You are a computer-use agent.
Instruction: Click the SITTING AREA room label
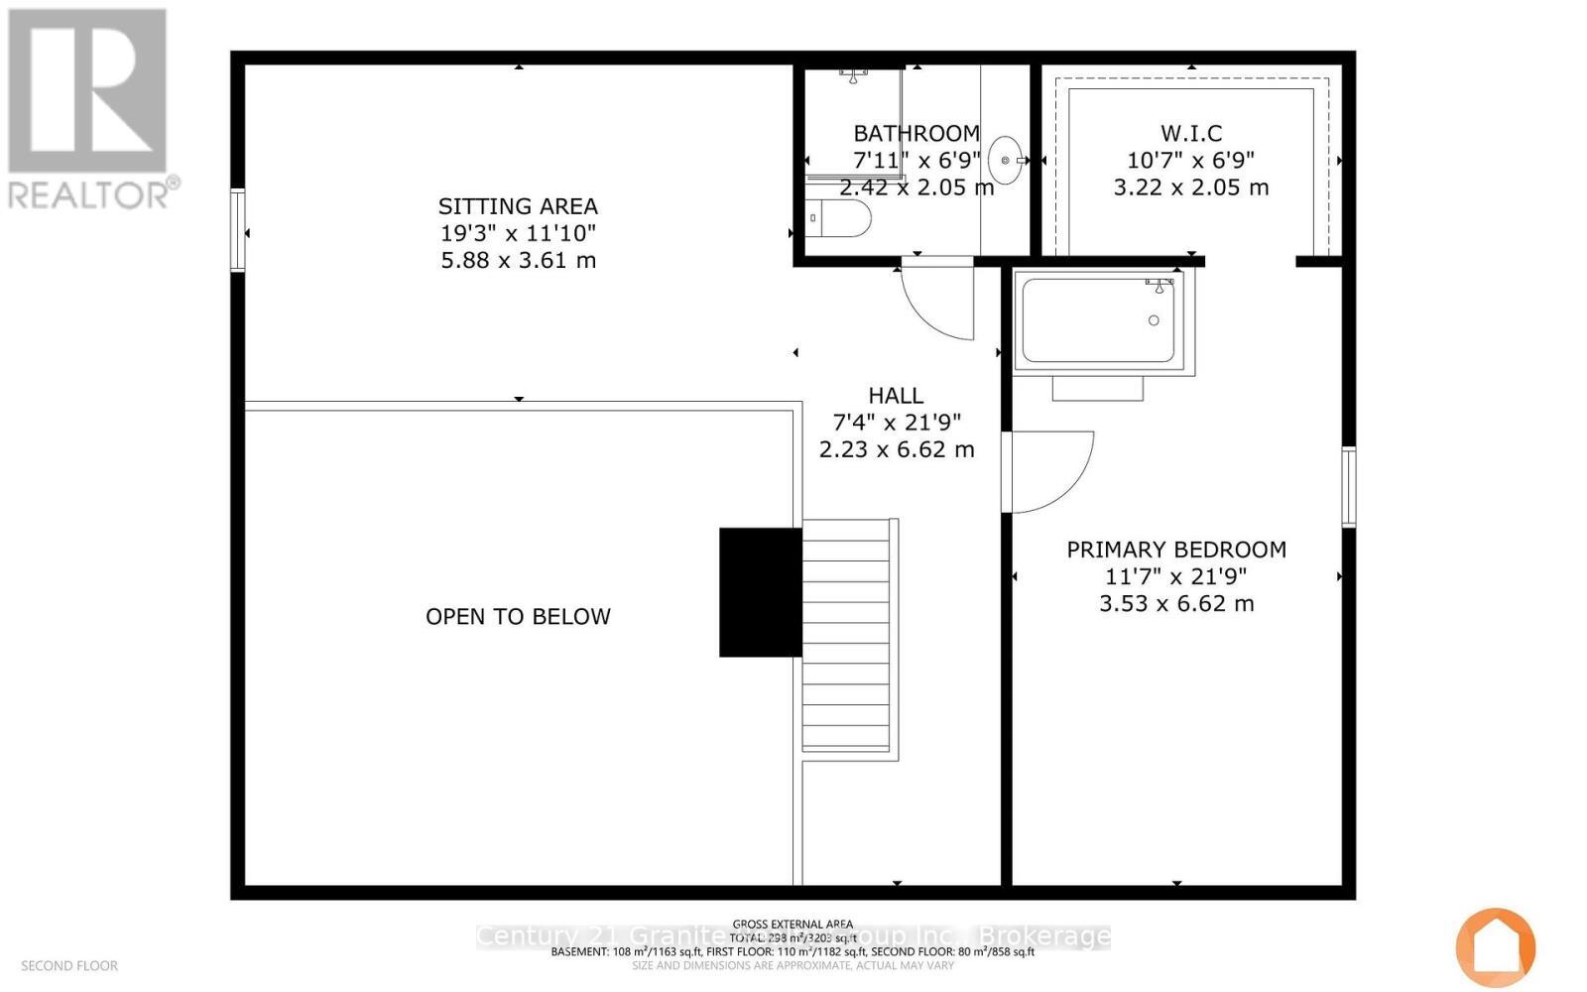point(518,206)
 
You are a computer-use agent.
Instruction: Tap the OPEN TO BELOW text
point(518,616)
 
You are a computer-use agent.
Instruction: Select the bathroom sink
point(1006,161)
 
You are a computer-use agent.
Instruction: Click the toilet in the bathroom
point(841,218)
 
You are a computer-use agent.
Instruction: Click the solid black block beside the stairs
point(760,592)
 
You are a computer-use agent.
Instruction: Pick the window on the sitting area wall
point(238,229)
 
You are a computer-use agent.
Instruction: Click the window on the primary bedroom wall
point(1348,486)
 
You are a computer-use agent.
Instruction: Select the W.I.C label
point(1190,133)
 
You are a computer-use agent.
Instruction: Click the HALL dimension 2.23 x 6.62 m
point(896,449)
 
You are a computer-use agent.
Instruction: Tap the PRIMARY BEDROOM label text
point(1176,550)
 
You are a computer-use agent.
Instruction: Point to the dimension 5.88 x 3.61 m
point(518,260)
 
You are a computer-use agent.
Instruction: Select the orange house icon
point(1496,947)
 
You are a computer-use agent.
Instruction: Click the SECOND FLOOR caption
point(69,965)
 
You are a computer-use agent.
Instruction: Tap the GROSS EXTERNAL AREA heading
point(793,924)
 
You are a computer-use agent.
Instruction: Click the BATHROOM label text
point(916,133)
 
